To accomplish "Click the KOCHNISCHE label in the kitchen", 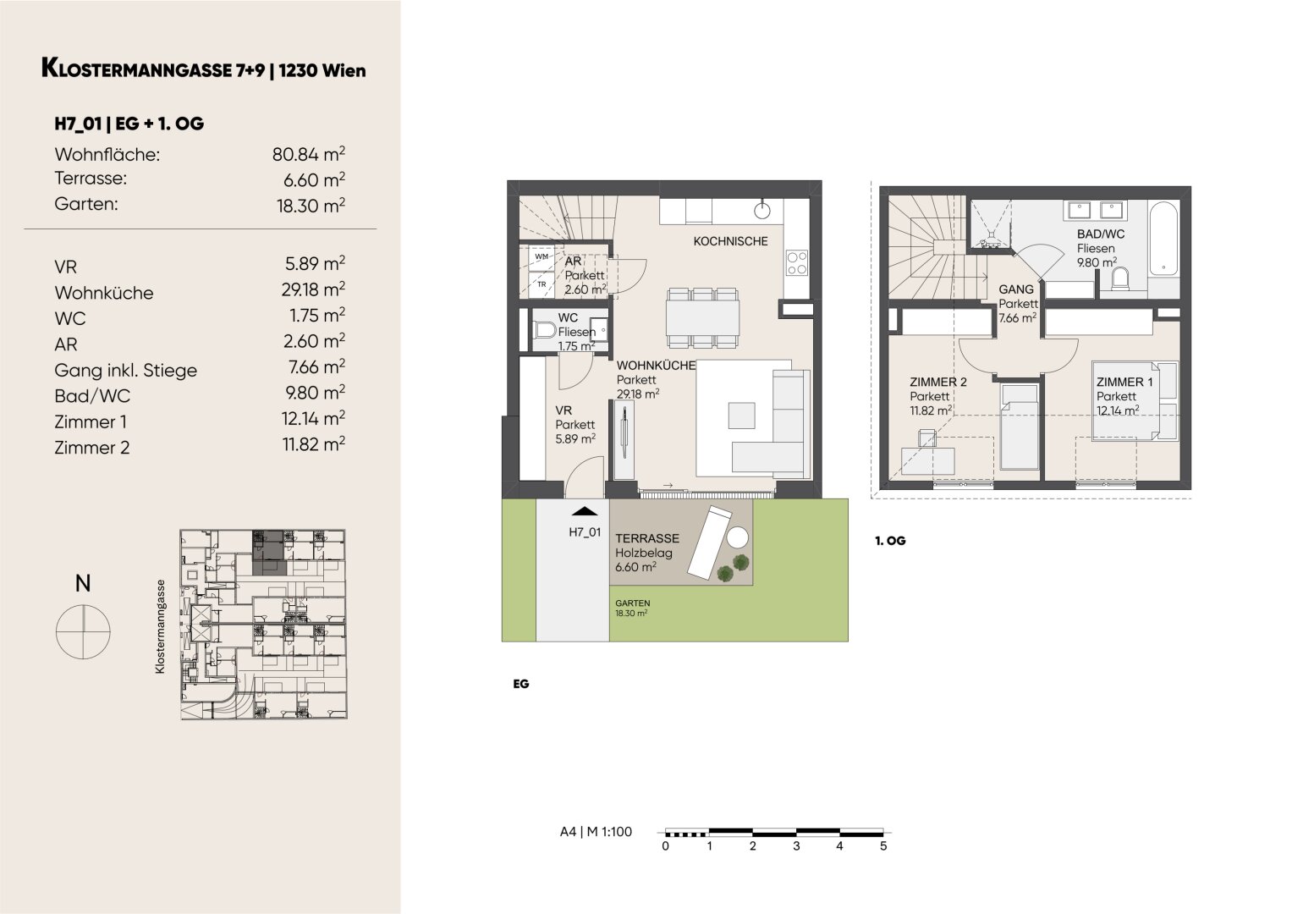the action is point(730,241).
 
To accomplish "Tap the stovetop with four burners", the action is point(797,262).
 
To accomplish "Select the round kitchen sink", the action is point(762,212).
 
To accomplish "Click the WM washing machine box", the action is point(542,256).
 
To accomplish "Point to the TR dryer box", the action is point(542,284).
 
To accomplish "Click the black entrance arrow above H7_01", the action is point(585,511).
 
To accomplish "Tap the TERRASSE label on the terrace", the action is point(647,538).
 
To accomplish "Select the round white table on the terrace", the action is point(737,537).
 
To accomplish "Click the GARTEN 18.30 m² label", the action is point(632,608).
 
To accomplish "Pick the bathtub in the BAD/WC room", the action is point(1163,239).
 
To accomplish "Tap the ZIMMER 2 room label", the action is point(937,382).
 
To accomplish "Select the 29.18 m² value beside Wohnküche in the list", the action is point(313,289).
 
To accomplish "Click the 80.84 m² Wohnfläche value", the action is point(309,154).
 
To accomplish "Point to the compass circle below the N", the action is point(83,632).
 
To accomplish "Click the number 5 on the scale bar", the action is point(883,846).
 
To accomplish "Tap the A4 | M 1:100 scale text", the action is point(596,831).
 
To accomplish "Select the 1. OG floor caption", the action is point(890,541).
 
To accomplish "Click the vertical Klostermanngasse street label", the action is point(160,626).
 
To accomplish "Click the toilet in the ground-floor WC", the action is point(545,331).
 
